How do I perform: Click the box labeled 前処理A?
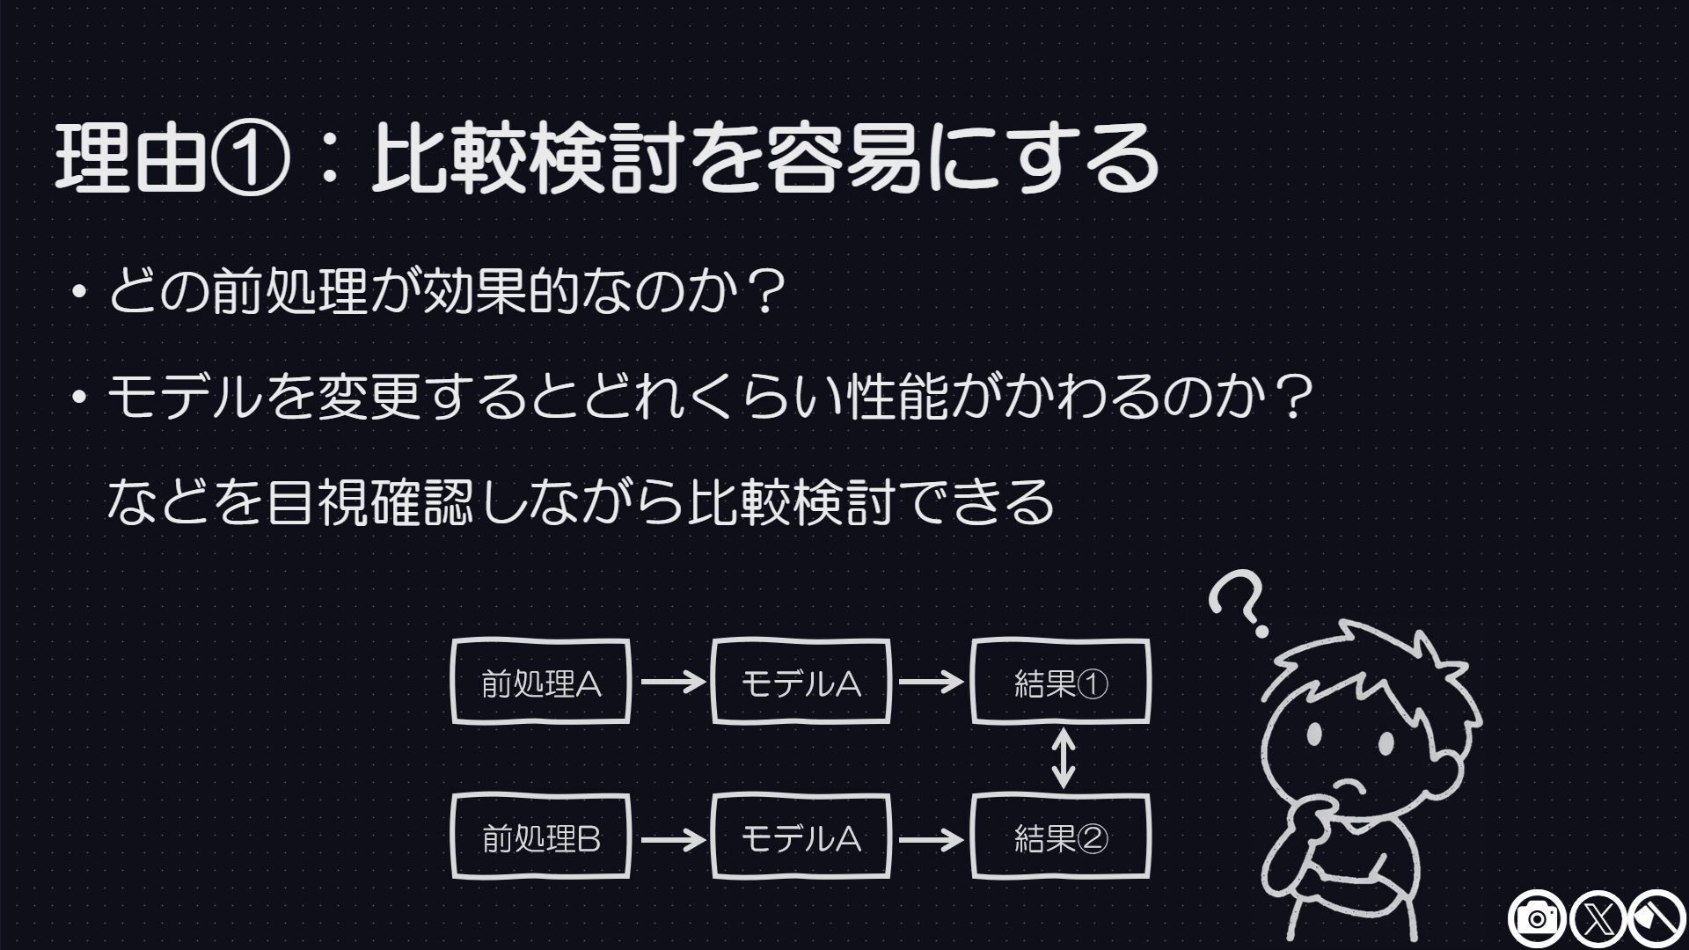click(541, 682)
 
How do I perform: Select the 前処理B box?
click(541, 837)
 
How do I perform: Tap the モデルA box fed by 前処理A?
click(801, 682)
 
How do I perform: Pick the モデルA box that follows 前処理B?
click(801, 837)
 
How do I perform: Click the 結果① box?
click(1061, 682)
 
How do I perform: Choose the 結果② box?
click(1061, 837)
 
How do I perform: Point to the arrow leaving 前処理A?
click(673, 682)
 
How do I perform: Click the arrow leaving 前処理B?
click(673, 839)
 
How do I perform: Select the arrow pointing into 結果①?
click(931, 682)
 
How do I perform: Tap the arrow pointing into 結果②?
click(931, 839)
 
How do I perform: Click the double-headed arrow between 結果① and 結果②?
click(1064, 758)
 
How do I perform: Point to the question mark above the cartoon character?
click(1239, 604)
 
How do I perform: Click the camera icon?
click(1537, 920)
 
